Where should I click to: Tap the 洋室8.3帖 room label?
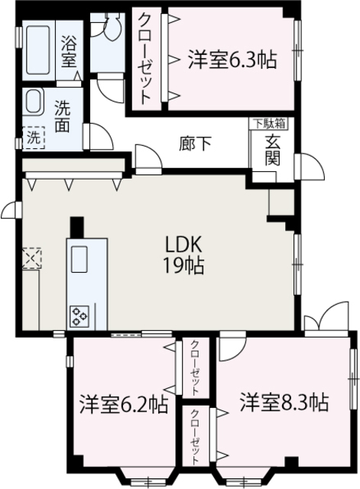(284, 402)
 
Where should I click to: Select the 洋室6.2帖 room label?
(125, 403)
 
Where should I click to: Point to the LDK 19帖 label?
(184, 255)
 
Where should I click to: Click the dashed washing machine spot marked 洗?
(34, 138)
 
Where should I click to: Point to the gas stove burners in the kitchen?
(80, 314)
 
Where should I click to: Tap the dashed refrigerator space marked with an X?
(33, 258)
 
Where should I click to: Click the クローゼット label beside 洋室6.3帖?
(144, 57)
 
